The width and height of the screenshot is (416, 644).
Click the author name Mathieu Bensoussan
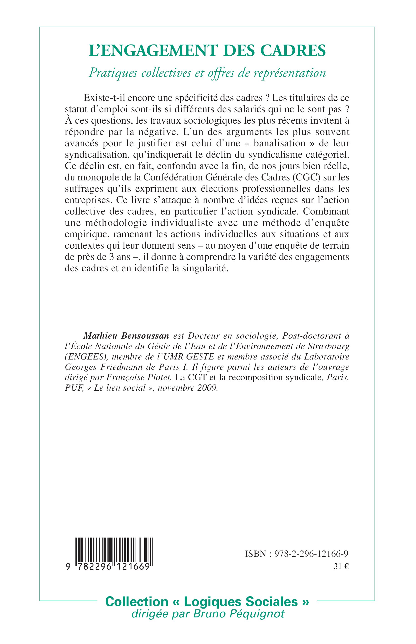[126, 336]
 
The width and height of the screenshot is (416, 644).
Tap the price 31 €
[341, 567]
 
